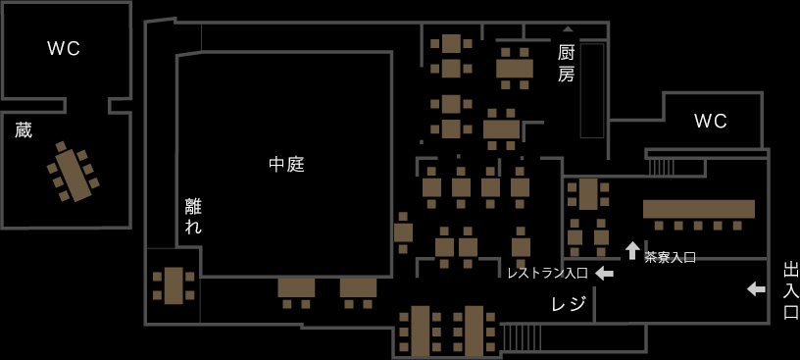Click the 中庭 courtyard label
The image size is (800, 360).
pyautogui.click(x=286, y=165)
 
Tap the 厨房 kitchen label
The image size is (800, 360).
pyautogui.click(x=566, y=63)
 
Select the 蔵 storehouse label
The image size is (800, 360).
pyautogui.click(x=24, y=129)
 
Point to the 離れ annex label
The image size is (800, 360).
pyautogui.click(x=193, y=216)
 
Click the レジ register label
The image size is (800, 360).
pyautogui.click(x=569, y=304)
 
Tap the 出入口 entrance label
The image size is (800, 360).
pyautogui.click(x=790, y=290)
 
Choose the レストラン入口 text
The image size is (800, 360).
pyautogui.click(x=547, y=274)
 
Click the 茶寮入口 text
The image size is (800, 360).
pyautogui.click(x=670, y=257)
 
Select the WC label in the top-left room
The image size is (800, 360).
pyautogui.click(x=64, y=48)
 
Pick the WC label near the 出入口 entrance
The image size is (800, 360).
pyautogui.click(x=710, y=121)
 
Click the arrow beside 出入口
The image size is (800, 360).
pyautogui.click(x=756, y=288)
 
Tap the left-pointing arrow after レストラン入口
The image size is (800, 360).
pyautogui.click(x=604, y=273)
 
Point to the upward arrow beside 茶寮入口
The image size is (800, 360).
pyautogui.click(x=632, y=250)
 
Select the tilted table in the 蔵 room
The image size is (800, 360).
pyautogui.click(x=72, y=172)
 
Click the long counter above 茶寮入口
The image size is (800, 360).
pyautogui.click(x=698, y=209)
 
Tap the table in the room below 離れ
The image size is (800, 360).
pyautogui.click(x=174, y=285)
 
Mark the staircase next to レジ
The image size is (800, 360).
pyautogui.click(x=522, y=336)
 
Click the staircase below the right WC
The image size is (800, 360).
pyautogui.click(x=662, y=168)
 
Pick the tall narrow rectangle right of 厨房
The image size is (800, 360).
pyautogui.click(x=592, y=90)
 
